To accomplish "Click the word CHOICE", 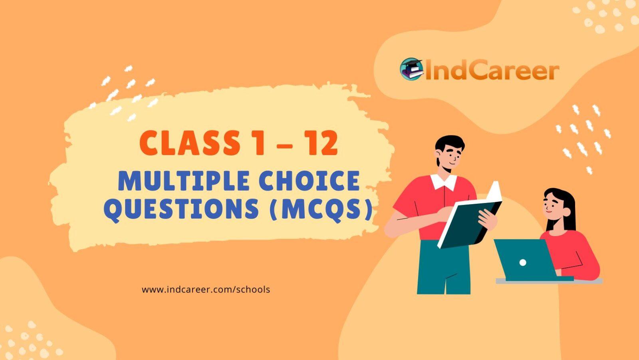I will pos(305,181).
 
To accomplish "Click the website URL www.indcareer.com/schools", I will pos(206,290).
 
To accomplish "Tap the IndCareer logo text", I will pos(491,71).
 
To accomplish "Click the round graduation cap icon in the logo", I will pos(412,69).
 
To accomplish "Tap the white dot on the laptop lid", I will pos(522,263).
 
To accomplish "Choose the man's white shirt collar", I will pos(443,182).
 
